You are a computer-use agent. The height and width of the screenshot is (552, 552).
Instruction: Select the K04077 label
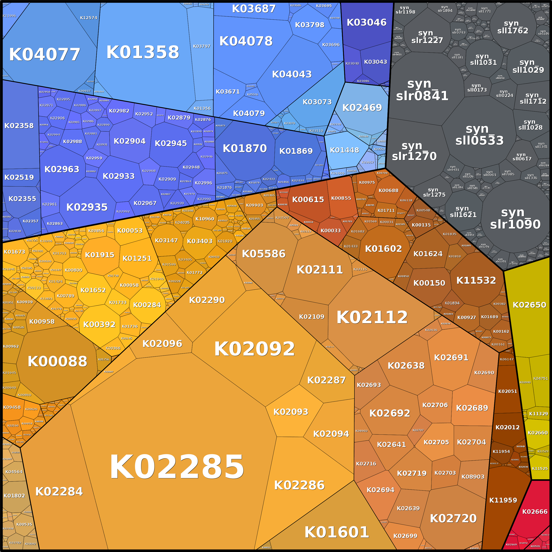tap(45, 54)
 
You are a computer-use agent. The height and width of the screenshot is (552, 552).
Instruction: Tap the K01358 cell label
tap(143, 52)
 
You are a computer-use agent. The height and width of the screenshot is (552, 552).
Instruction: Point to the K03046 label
tap(366, 22)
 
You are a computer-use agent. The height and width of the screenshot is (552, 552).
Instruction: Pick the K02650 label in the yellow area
tap(529, 305)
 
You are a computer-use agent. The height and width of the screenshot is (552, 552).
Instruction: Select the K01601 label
tap(337, 532)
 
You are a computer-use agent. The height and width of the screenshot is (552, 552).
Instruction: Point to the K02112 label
tap(372, 317)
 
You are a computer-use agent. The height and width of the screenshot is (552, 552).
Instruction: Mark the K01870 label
tap(245, 148)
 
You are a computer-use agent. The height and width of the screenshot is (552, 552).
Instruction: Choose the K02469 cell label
tap(362, 107)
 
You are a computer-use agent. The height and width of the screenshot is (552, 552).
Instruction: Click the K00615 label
tap(308, 200)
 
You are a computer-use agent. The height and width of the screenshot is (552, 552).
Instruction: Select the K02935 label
tap(87, 207)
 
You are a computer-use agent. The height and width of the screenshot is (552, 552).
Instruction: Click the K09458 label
tap(12, 407)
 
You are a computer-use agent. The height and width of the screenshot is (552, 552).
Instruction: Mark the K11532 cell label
tap(476, 280)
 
